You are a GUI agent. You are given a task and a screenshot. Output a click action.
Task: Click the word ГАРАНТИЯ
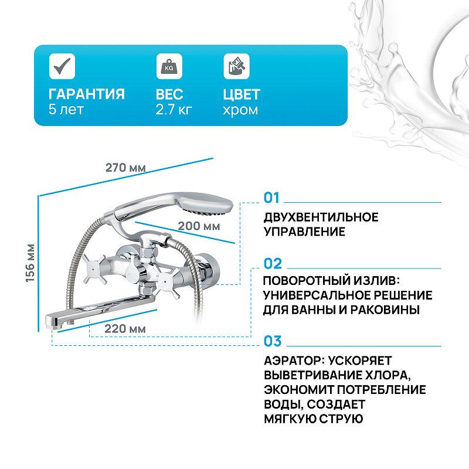[86, 94]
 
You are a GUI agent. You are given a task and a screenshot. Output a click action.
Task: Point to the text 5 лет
[66, 110]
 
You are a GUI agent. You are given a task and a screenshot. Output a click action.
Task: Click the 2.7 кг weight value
[174, 110]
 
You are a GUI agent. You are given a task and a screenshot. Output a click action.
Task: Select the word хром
[240, 110]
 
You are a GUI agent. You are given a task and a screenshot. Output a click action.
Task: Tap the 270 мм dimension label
[125, 167]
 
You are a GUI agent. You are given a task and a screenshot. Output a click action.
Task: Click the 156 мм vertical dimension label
[30, 263]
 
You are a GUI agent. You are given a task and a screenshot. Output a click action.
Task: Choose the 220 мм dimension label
[125, 328]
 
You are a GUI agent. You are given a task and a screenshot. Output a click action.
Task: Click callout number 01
[273, 198]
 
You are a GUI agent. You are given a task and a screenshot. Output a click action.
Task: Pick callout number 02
[273, 263]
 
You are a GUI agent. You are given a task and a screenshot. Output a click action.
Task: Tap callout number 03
[273, 341]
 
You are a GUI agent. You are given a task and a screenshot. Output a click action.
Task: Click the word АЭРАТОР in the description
[293, 360]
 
